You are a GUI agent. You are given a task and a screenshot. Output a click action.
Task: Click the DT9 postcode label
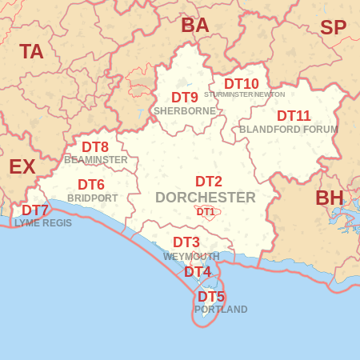pos(184,98)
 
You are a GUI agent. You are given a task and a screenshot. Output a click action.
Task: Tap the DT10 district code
pos(241,83)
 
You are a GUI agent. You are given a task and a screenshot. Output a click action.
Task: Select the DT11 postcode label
pos(294,115)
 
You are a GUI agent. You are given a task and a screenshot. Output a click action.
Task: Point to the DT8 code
pos(95,146)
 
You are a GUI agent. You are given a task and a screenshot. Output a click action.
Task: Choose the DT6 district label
pos(91,185)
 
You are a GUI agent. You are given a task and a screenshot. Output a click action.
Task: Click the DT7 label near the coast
pos(35,210)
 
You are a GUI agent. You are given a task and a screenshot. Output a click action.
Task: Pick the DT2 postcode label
pos(209,182)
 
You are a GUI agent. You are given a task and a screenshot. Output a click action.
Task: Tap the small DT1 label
pos(206,212)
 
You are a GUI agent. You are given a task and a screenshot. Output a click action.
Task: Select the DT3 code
pos(186,242)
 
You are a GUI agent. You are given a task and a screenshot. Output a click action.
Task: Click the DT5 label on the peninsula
pos(211,296)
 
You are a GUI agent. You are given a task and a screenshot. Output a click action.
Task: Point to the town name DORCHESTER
pos(206,197)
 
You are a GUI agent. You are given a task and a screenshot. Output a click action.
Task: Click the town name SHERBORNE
pos(184,111)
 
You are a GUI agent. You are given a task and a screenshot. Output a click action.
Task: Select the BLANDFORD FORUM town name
pos(289,129)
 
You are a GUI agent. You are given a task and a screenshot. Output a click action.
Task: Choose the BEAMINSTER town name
pos(96,159)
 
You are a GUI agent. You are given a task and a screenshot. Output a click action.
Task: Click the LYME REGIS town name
pos(43,223)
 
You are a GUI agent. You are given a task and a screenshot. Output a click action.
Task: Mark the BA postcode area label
pos(194,25)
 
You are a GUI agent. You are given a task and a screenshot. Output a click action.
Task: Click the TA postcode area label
pos(31,52)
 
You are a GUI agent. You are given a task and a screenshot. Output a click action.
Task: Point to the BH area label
pos(329,198)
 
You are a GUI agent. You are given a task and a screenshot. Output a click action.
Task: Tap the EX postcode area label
pos(22,166)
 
